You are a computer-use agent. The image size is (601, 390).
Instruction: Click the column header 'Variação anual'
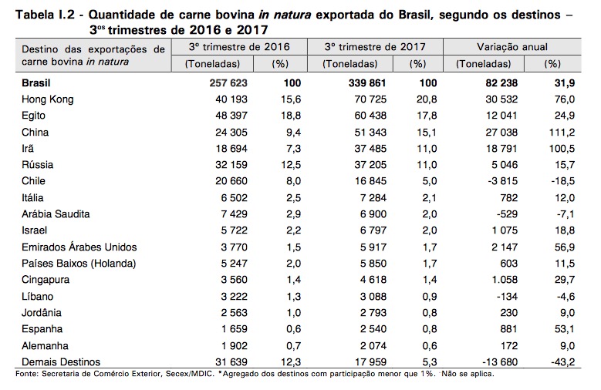point(514,48)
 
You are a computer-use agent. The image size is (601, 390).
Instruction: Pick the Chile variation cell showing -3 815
point(501,180)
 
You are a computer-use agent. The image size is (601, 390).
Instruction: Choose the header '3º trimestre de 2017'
point(374,48)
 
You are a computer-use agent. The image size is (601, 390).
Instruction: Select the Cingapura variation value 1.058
point(501,280)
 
